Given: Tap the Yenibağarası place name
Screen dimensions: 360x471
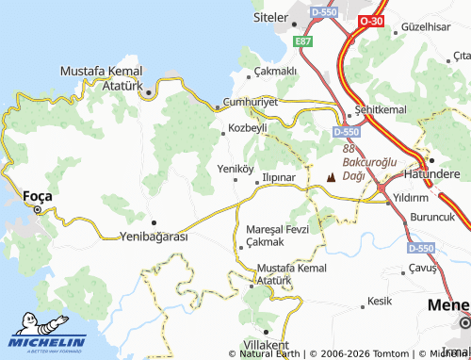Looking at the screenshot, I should [154, 236].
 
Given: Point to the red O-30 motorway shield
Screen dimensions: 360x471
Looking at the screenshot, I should [370, 21].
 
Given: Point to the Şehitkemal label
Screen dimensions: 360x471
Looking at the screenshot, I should [380, 110].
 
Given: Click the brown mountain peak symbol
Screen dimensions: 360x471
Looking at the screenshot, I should [331, 176].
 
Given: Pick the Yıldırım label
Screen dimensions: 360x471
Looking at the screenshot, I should [411, 198].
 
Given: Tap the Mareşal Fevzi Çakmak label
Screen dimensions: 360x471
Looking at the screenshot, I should [276, 236].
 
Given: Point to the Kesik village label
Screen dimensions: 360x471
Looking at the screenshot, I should [380, 302].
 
